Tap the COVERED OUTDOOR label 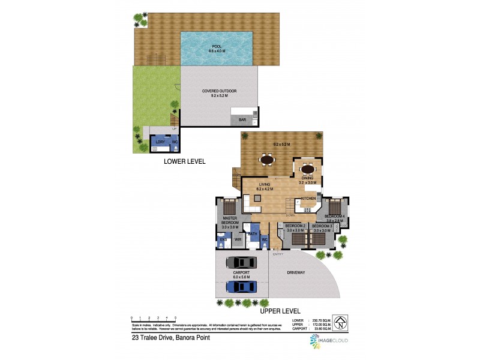click(x=219, y=91)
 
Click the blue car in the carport click(x=241, y=287)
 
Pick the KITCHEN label click(x=308, y=199)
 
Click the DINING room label click(x=307, y=178)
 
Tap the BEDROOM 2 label click(x=296, y=226)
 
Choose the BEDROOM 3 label click(x=322, y=226)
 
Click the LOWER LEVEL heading click(x=185, y=161)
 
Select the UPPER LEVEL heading click(x=280, y=311)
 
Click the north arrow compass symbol click(x=340, y=323)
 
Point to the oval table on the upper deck click(x=268, y=160)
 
